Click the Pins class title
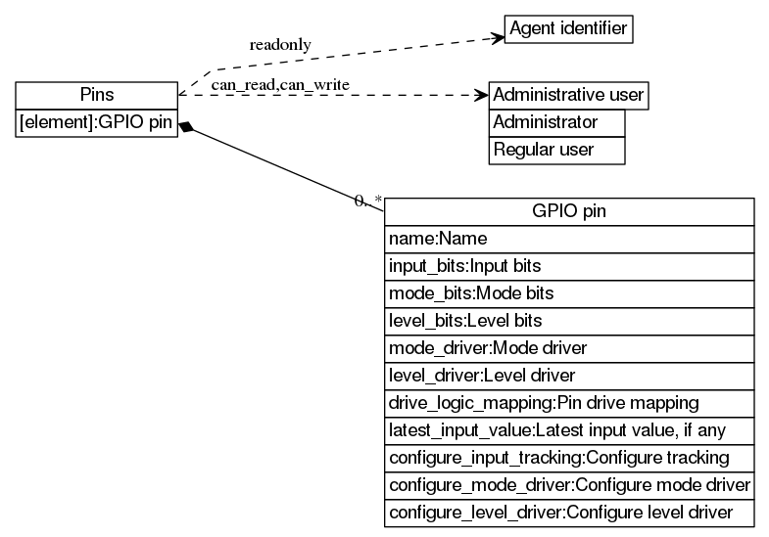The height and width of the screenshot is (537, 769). click(x=96, y=95)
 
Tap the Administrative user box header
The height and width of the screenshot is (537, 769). click(x=568, y=95)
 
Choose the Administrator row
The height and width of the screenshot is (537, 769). click(x=556, y=122)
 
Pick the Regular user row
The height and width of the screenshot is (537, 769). click(x=556, y=150)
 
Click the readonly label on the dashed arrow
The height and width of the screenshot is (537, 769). click(x=280, y=45)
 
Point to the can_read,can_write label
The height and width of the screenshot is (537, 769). click(x=280, y=84)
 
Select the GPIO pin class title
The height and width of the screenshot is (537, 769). click(x=569, y=211)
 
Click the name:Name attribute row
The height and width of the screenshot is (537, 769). click(x=569, y=238)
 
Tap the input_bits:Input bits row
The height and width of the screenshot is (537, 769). click(x=569, y=265)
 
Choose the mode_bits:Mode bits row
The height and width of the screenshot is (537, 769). click(x=569, y=292)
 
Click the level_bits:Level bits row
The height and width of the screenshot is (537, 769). click(x=569, y=320)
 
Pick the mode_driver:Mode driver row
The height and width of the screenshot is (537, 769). click(x=569, y=347)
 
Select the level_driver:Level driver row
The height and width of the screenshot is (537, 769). click(x=569, y=375)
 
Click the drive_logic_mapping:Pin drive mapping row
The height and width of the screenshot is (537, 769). click(x=569, y=402)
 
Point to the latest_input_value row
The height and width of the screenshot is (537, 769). click(x=569, y=429)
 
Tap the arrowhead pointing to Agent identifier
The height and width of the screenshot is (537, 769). click(x=497, y=38)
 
